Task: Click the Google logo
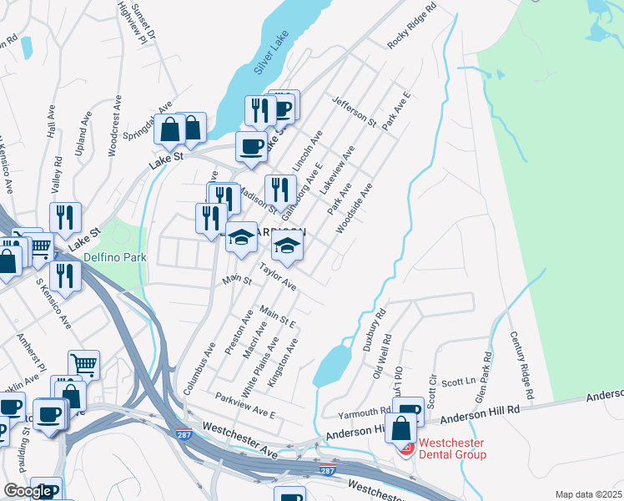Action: click(28, 491)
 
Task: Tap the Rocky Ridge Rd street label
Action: click(412, 27)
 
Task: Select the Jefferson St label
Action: click(355, 112)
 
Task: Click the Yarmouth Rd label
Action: click(364, 412)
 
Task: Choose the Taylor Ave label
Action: click(278, 278)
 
